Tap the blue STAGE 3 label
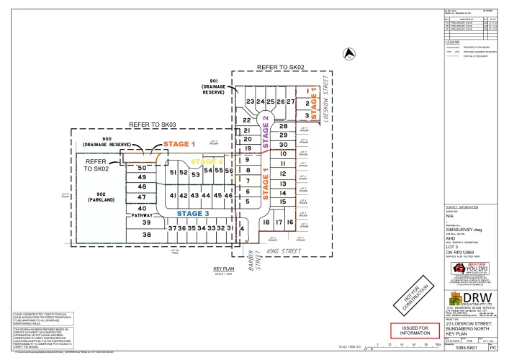coord(194,213)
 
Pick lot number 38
coord(147,235)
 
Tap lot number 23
coord(250,102)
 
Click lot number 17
coord(279,222)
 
